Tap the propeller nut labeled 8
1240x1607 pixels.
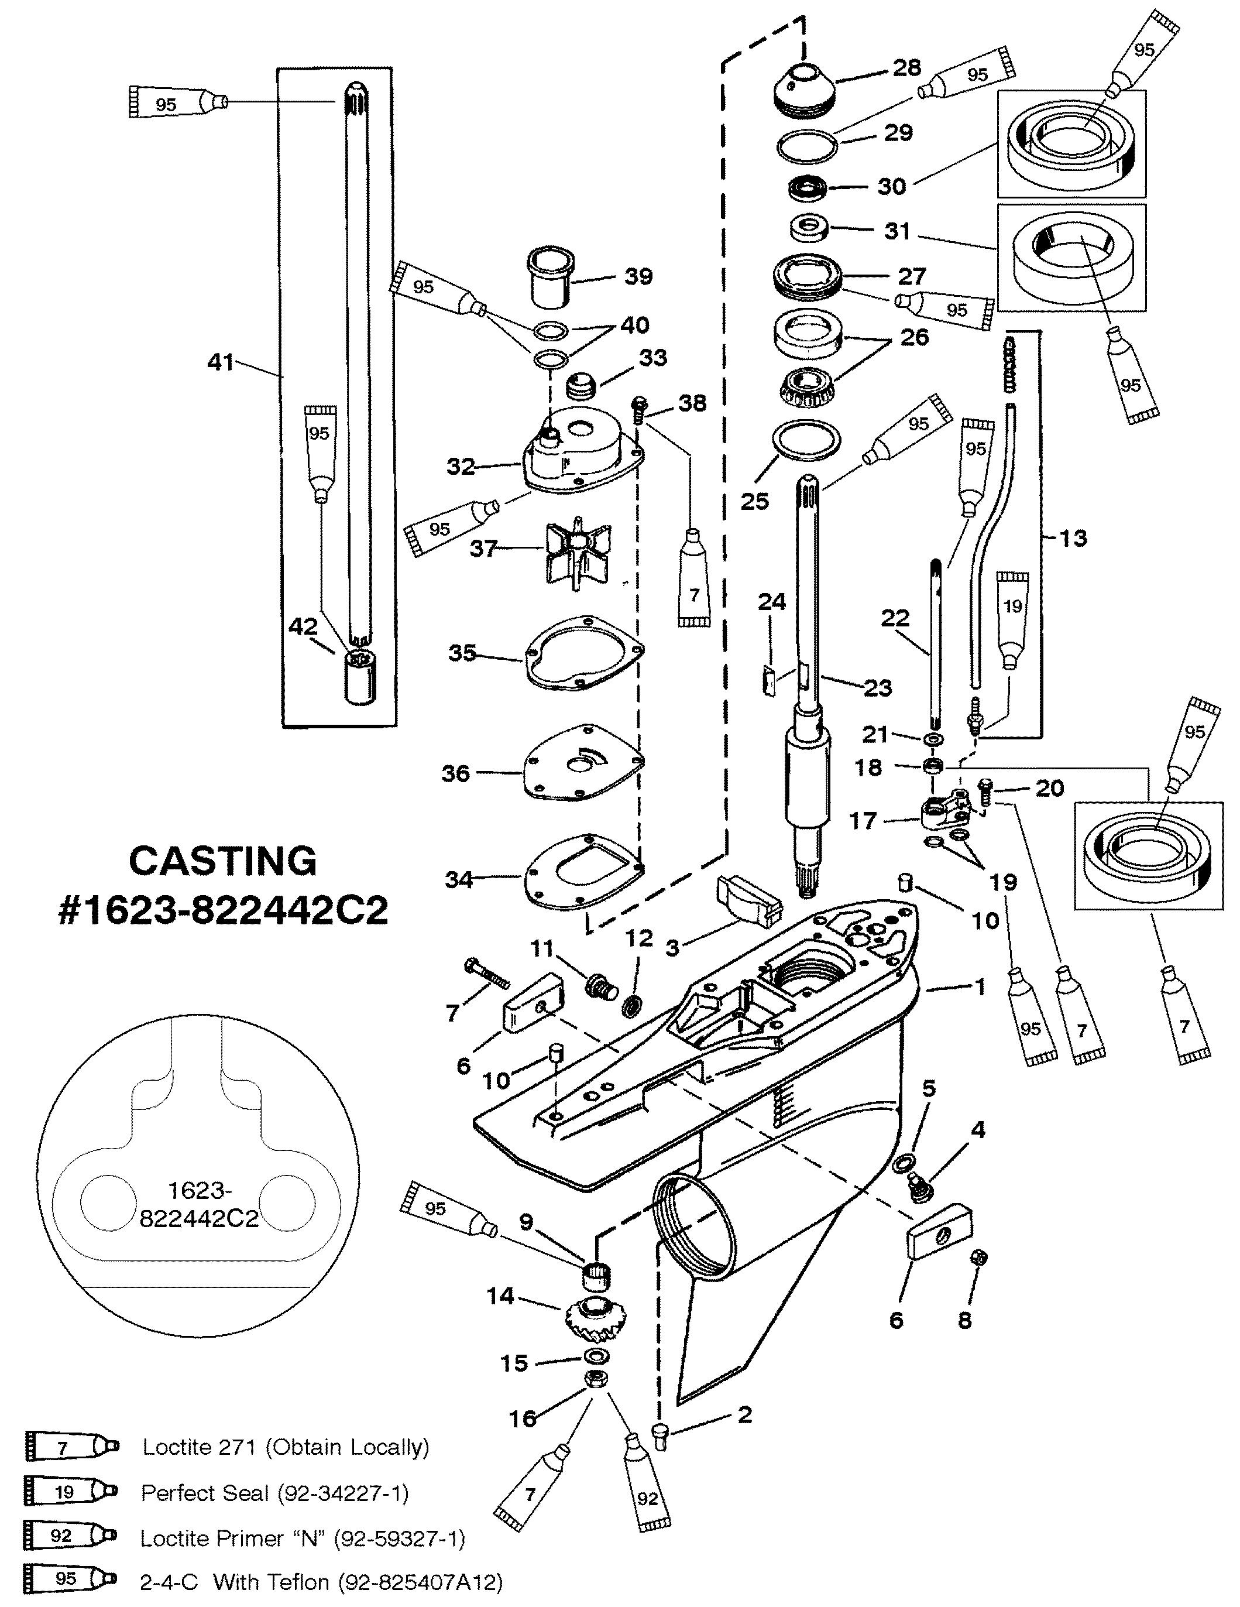pos(978,1257)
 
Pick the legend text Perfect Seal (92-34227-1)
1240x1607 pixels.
pos(274,1493)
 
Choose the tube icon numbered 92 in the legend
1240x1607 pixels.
pos(71,1536)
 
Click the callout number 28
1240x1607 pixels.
pos(906,68)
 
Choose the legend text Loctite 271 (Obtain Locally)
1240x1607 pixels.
pos(286,1447)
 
